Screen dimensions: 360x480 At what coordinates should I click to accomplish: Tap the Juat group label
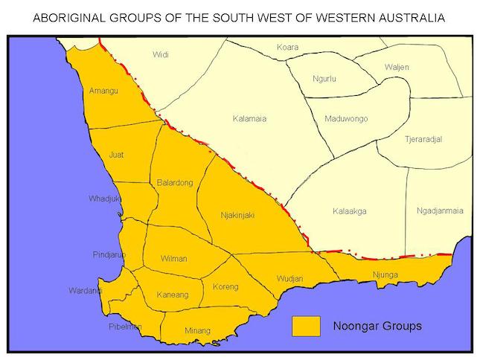[x=116, y=155]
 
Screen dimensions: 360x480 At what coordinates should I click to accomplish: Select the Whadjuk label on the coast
[x=103, y=199]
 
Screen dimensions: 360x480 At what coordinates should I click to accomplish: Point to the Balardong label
[x=175, y=182]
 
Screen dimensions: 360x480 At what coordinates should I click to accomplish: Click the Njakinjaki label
[x=237, y=215]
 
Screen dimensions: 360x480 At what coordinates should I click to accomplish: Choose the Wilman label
[x=174, y=259]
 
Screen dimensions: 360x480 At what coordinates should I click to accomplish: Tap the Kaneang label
[x=172, y=295]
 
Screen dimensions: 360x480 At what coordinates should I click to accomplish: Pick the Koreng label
[x=225, y=286]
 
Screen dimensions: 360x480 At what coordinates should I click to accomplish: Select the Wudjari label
[x=289, y=278]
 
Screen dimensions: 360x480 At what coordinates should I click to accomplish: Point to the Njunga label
[x=386, y=276]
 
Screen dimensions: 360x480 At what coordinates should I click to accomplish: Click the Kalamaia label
[x=249, y=118]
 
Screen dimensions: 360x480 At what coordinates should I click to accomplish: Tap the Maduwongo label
[x=347, y=119]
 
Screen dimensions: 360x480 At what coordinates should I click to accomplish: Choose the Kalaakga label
[x=349, y=211]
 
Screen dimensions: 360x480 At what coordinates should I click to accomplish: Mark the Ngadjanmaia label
[x=440, y=210]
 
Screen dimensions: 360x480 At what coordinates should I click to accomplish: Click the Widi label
[x=161, y=54]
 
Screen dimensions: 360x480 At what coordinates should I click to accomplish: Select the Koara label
[x=287, y=48]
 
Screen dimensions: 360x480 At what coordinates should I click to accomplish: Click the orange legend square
[x=306, y=326]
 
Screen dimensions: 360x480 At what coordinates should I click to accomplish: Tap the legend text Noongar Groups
[x=377, y=326]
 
